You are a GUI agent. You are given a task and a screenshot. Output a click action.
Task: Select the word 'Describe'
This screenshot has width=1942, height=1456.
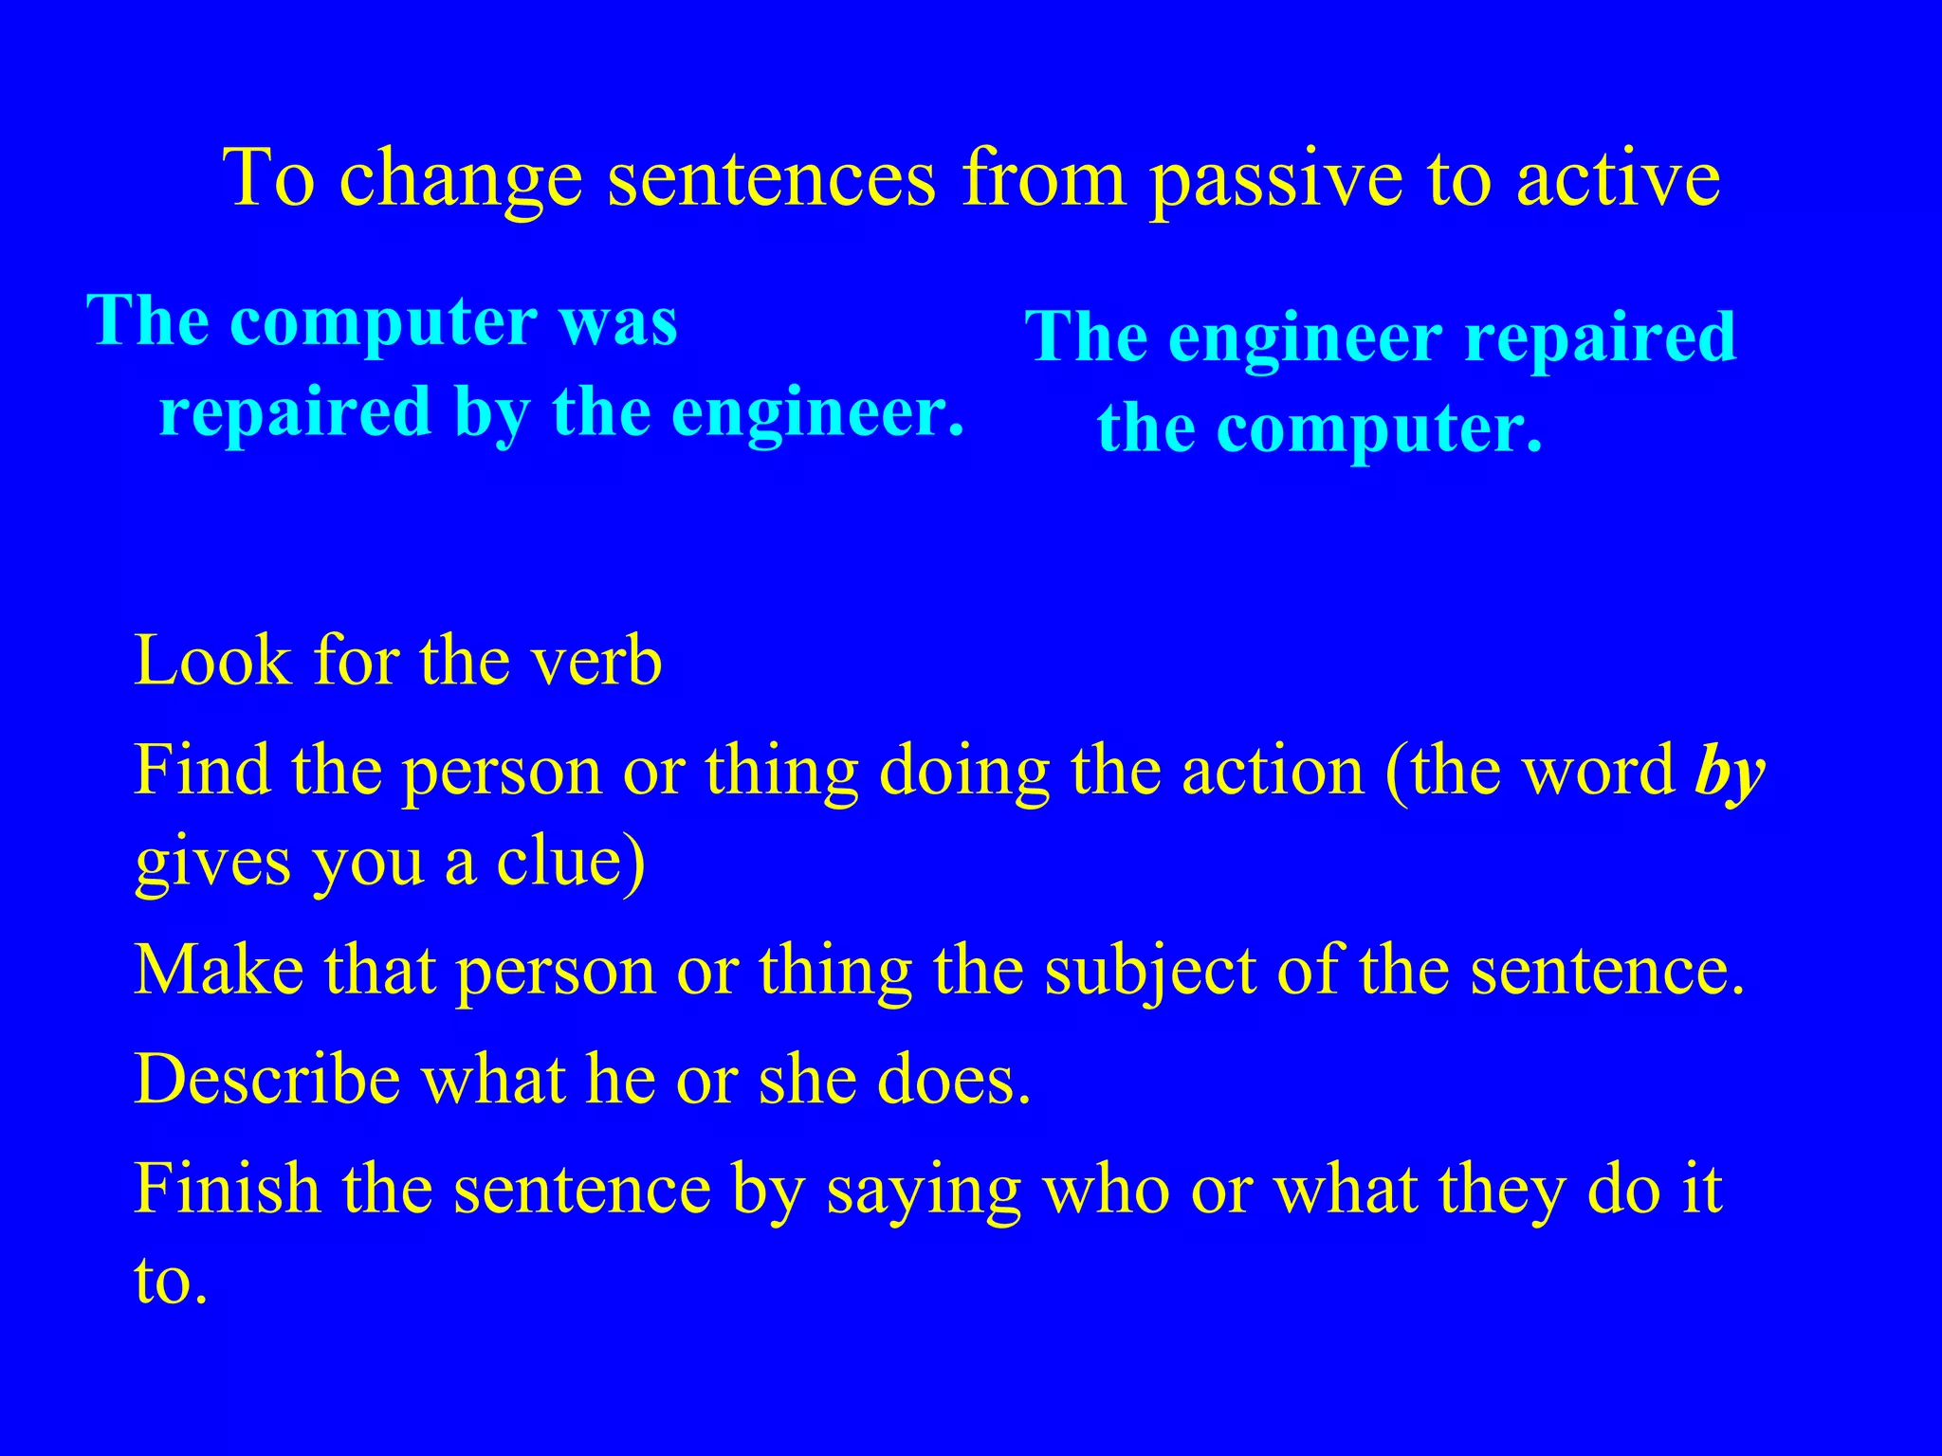tap(267, 1080)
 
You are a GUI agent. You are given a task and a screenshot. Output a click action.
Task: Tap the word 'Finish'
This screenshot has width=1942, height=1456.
tap(228, 1189)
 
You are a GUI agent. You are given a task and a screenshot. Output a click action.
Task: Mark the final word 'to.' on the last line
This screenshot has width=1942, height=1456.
tap(171, 1282)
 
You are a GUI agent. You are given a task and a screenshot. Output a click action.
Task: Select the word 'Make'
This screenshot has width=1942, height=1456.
tap(219, 971)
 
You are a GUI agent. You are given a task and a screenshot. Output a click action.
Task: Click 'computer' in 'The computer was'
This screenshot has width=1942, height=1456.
tap(384, 321)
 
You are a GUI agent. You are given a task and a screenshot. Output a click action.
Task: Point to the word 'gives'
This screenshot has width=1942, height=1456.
tap(212, 862)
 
